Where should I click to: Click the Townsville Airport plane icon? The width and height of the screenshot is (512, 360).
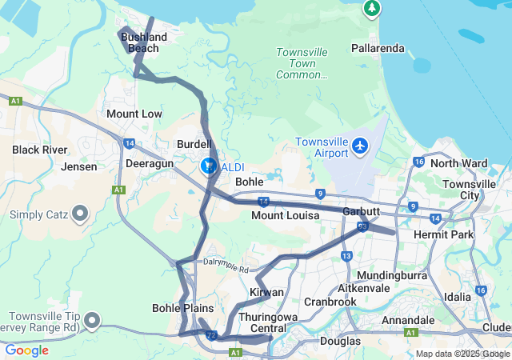(x=360, y=147)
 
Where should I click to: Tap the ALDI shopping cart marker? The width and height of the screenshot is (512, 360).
(x=208, y=166)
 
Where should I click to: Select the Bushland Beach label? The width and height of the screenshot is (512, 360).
(x=144, y=42)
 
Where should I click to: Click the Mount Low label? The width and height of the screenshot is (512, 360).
(x=134, y=114)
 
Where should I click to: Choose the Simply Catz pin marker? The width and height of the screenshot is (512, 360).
(x=80, y=214)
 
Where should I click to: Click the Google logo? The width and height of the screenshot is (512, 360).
(x=26, y=350)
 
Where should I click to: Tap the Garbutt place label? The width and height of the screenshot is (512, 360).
(x=361, y=211)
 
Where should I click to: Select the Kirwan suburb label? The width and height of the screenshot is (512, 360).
(x=266, y=292)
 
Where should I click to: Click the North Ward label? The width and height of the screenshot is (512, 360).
(x=458, y=163)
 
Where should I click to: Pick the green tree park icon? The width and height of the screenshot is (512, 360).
(x=371, y=9)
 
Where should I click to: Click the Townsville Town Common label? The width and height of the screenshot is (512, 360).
(x=302, y=63)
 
